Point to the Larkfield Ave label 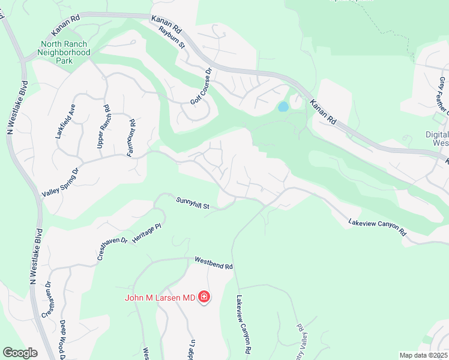[x=65, y=121]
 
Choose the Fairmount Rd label [x=130, y=137]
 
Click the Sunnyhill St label [x=192, y=204]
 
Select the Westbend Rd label [x=213, y=262]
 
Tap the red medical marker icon [x=204, y=297]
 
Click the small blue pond [x=282, y=107]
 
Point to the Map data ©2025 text [x=424, y=355]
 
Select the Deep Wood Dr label [x=62, y=338]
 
